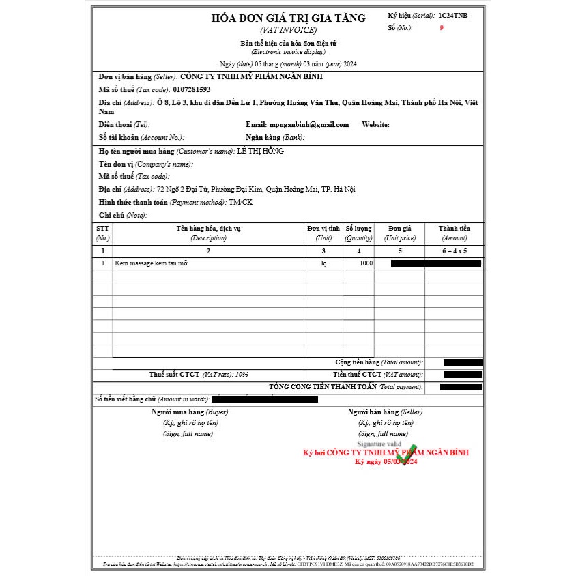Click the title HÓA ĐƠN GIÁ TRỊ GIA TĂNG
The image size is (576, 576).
point(288,18)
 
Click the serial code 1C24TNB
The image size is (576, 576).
point(453,15)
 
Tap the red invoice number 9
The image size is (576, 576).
point(442,29)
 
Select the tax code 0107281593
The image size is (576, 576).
point(192,89)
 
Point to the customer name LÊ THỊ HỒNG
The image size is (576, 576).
point(260,151)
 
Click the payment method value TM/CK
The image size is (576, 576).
point(240,203)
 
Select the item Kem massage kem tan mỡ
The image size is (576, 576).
point(151,263)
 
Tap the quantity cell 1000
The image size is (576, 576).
point(366,263)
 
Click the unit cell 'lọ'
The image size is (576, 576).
point(323,263)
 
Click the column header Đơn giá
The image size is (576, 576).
point(399,228)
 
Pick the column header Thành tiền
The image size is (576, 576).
point(454,228)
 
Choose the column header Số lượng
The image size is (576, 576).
point(358,228)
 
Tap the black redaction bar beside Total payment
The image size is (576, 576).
point(461,387)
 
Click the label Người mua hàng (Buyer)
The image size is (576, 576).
point(190,412)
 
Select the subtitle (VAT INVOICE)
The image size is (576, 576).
point(288,31)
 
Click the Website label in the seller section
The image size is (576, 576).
point(375,125)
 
